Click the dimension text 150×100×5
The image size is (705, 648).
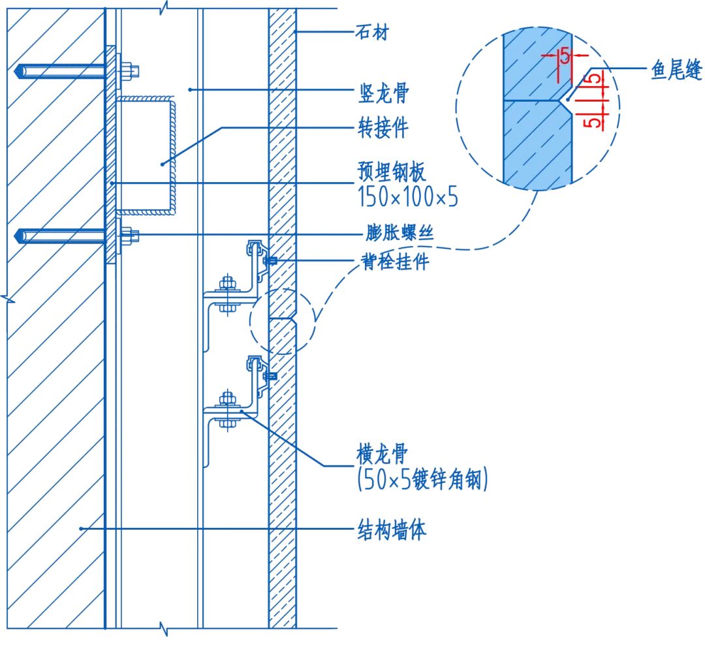408,197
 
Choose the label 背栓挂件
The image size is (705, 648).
397,262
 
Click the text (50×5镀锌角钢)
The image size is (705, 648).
423,482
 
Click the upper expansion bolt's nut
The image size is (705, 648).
127,69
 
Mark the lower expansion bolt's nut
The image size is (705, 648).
127,235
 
